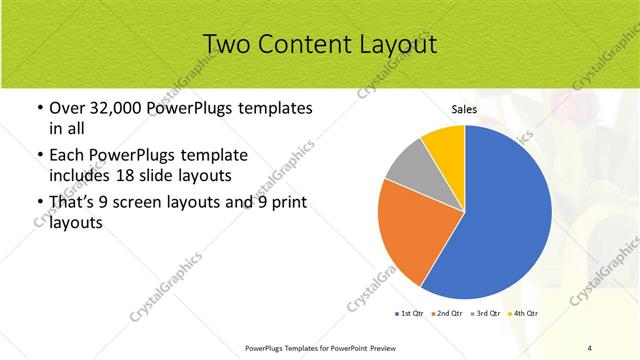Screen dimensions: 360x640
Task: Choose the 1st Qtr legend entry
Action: click(409, 314)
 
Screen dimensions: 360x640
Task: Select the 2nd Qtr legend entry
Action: click(446, 314)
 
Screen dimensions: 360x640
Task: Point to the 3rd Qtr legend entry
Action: click(484, 314)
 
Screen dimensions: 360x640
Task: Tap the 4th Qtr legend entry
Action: click(522, 314)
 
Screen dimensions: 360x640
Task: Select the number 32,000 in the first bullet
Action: click(117, 107)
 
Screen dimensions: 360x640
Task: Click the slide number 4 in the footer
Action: click(590, 347)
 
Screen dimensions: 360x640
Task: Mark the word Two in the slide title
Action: click(226, 44)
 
